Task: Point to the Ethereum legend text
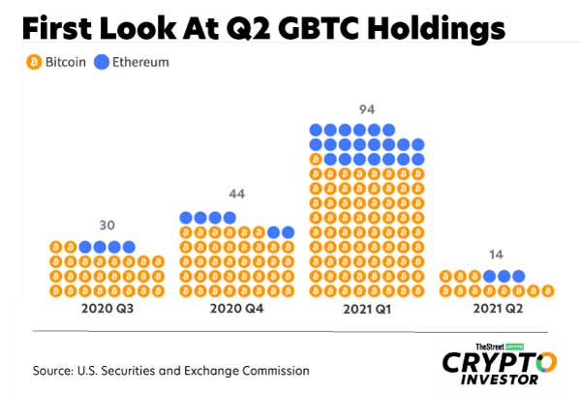tap(141, 62)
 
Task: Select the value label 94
tap(367, 107)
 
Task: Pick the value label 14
tap(496, 255)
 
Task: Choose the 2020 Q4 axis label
tap(236, 311)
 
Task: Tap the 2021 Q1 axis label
tap(367, 311)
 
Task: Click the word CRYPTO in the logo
tap(500, 362)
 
